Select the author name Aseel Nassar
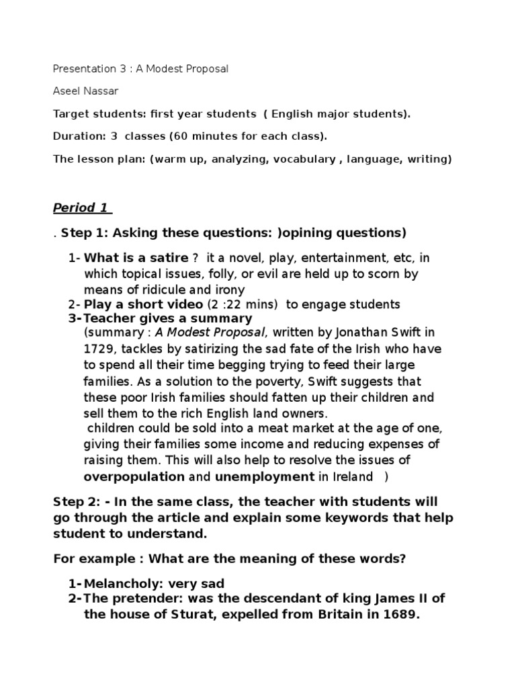pyautogui.click(x=87, y=91)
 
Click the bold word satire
pyautogui.click(x=165, y=258)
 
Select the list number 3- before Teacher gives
pyautogui.click(x=74, y=318)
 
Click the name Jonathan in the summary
pyautogui.click(x=352, y=332)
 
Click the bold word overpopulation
pyautogui.click(x=134, y=476)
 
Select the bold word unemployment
pyautogui.click(x=264, y=476)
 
